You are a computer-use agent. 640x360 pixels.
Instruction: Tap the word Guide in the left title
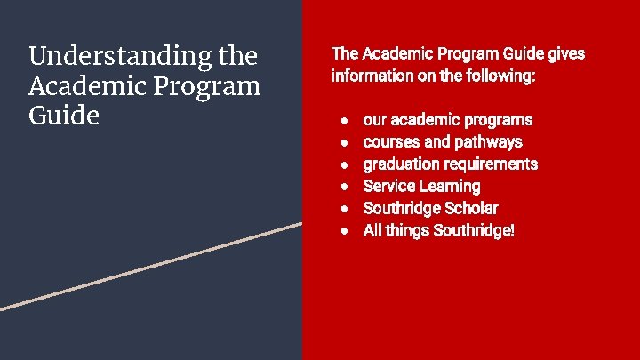[x=63, y=116]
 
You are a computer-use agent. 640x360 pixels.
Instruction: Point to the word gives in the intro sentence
[x=566, y=54]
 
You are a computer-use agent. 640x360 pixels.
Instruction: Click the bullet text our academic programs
[x=448, y=120]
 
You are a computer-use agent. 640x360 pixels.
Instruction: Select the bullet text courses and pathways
[x=443, y=142]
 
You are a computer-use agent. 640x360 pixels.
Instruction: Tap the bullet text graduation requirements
[x=451, y=164]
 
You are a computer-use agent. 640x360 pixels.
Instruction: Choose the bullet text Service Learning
[x=421, y=187]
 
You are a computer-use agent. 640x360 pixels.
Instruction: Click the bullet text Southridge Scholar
[x=430, y=209]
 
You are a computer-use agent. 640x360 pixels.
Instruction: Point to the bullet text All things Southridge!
[x=439, y=231]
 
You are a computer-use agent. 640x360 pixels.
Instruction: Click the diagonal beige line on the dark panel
[x=151, y=266]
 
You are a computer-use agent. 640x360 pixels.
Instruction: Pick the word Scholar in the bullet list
[x=470, y=209]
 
